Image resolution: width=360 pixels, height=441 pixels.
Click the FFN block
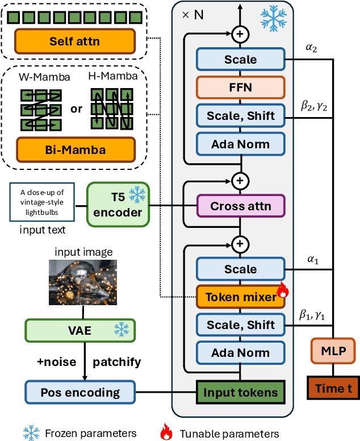(240, 88)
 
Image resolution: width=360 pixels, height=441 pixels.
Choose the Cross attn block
(240, 206)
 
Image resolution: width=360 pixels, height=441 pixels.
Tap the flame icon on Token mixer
(282, 292)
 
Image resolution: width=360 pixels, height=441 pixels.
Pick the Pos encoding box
(80, 392)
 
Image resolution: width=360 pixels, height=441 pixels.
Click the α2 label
(312, 49)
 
